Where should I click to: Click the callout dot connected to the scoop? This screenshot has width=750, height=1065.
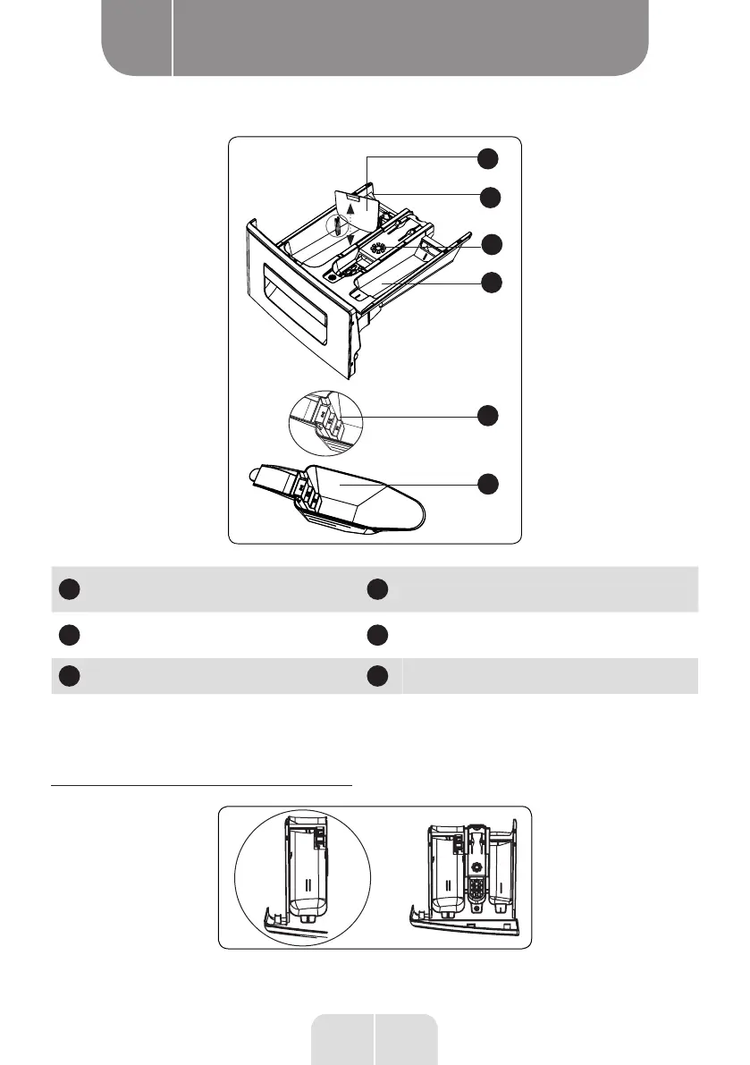[x=487, y=484]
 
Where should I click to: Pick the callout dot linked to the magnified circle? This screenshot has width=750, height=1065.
[x=487, y=416]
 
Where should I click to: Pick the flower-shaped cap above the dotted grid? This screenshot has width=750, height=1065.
[x=476, y=866]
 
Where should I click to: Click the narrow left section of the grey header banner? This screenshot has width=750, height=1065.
[x=137, y=38]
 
